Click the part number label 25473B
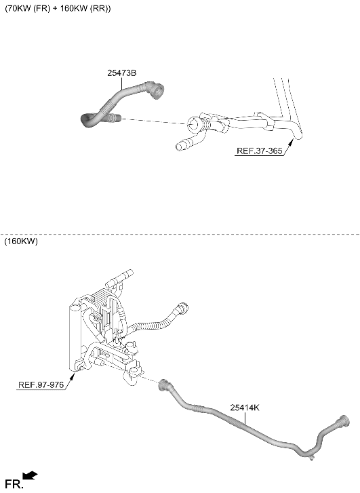tap(121, 73)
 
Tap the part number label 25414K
tap(245, 408)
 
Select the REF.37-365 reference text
tap(260, 151)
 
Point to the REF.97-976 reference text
tap(41, 384)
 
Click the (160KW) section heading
tap(21, 241)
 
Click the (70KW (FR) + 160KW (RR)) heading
tap(58, 9)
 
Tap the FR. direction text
tap(14, 484)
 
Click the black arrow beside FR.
tap(30, 475)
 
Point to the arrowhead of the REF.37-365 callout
tap(290, 144)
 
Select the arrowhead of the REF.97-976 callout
tap(72, 376)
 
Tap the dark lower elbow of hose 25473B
tap(89, 121)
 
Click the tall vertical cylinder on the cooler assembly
tap(75, 339)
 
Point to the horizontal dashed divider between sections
tap(180, 234)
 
